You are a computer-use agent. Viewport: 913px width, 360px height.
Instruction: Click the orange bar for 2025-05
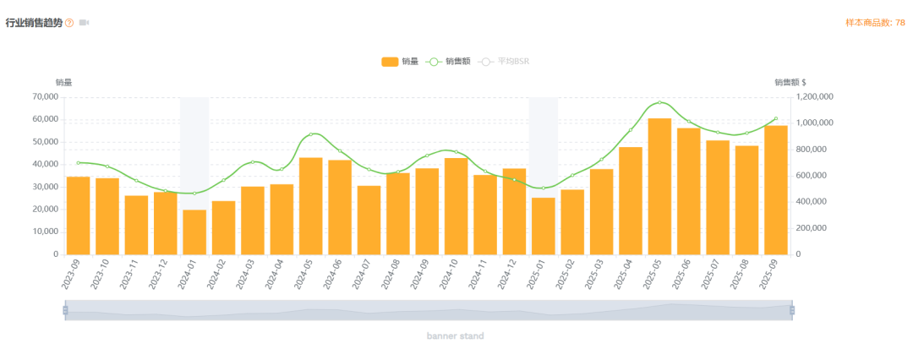(659, 186)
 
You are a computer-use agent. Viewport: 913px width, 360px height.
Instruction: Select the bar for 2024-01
(194, 232)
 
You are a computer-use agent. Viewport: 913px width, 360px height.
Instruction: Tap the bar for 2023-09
(78, 215)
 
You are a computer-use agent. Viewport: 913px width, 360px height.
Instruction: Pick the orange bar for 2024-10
(456, 205)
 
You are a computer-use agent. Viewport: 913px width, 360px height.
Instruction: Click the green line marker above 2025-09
(775, 119)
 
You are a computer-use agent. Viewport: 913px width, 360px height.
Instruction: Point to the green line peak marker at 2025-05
(659, 103)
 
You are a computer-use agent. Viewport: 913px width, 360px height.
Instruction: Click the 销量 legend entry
(399, 62)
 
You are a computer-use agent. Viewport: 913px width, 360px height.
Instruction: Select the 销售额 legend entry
(448, 62)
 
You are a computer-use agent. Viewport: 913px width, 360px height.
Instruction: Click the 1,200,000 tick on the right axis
(815, 97)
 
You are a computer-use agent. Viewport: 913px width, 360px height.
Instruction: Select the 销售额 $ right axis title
(790, 82)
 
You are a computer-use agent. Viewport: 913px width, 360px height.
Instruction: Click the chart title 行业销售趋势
(34, 23)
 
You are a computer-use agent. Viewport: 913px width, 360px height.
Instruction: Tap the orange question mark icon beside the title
(69, 23)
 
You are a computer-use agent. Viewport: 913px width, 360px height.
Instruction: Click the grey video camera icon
(84, 23)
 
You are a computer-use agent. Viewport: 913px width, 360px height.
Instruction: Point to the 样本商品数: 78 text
(874, 23)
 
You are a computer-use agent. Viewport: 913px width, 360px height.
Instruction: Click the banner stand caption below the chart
(455, 336)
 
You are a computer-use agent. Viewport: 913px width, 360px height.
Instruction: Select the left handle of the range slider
(65, 310)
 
